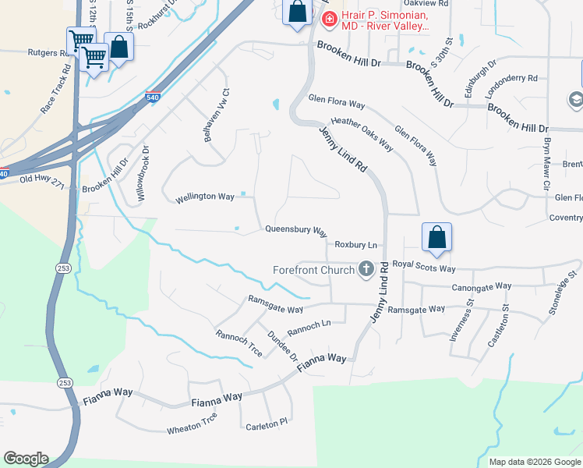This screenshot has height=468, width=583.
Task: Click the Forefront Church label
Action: [314, 271]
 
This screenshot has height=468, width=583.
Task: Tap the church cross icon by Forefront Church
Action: [366, 270]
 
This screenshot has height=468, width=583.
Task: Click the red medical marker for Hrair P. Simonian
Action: [329, 19]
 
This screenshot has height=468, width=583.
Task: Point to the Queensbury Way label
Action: [295, 230]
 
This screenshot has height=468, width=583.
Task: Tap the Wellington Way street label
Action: [205, 197]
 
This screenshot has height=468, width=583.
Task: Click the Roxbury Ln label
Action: [356, 244]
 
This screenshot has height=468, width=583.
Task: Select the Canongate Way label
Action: [482, 286]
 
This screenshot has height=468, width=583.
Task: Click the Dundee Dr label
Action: [283, 345]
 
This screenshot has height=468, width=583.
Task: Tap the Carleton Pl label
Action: [267, 426]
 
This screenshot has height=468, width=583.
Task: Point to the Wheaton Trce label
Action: [192, 428]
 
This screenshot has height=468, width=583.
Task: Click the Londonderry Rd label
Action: [511, 78]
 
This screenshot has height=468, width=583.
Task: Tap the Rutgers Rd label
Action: [48, 53]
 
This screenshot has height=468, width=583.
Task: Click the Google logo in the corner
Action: [25, 459]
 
